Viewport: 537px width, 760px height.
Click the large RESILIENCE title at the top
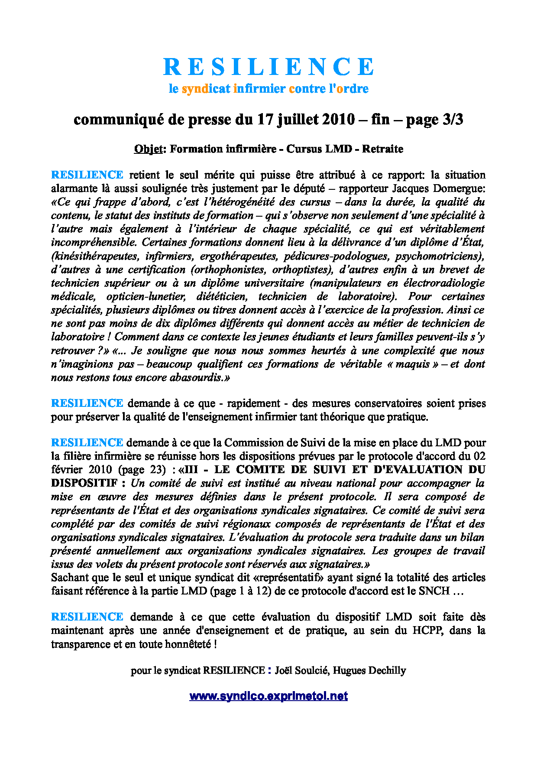click(268, 67)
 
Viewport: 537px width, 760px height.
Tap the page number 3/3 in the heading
click(453, 119)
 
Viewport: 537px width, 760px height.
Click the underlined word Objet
click(149, 149)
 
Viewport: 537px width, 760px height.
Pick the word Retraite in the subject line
click(382, 149)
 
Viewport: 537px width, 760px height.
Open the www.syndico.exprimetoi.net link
click(268, 696)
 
